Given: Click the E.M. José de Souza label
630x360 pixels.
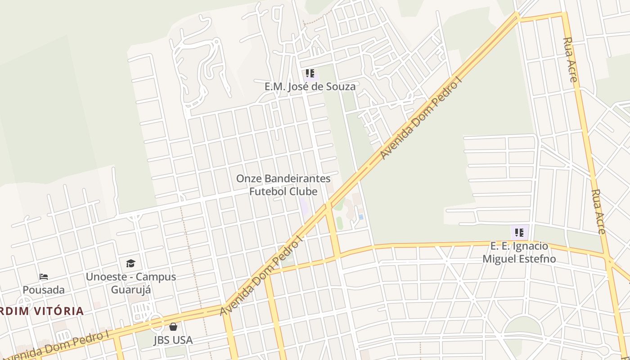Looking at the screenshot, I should (x=310, y=86).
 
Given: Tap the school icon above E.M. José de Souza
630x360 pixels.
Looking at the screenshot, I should (x=310, y=73).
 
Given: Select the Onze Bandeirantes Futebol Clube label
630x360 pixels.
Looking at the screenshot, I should (x=283, y=185).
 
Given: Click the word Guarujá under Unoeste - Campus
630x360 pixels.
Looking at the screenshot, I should (x=131, y=289).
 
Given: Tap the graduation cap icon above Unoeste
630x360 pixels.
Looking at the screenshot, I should (x=130, y=263).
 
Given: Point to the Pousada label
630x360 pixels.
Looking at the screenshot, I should (x=44, y=290).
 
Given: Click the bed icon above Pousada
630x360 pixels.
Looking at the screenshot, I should (x=44, y=276).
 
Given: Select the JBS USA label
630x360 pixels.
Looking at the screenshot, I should (x=173, y=340).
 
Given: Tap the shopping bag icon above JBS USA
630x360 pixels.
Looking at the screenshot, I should (x=173, y=327).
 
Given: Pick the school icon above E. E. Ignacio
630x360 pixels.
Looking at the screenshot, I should (x=519, y=233).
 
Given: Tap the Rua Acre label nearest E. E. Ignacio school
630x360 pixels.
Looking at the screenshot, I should (x=598, y=211).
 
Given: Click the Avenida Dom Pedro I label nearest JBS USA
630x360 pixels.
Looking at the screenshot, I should (x=58, y=346).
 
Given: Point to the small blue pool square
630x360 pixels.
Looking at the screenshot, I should (x=361, y=217).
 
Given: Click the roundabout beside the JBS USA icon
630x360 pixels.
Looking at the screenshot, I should (x=156, y=323).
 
